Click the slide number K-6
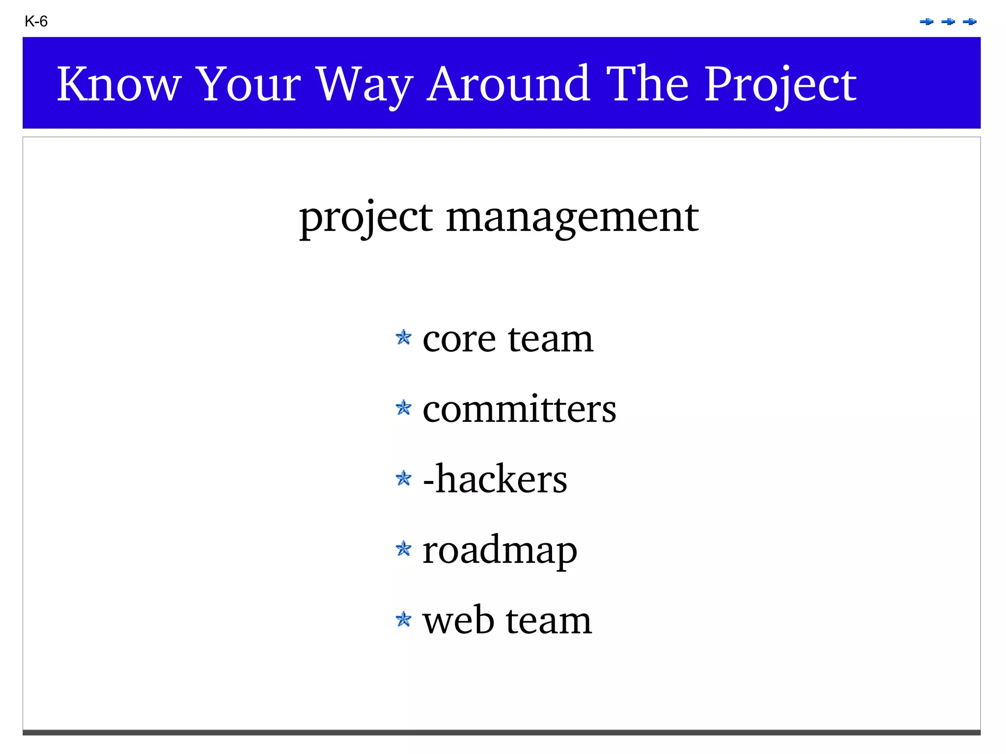point(36,22)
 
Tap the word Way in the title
point(364,85)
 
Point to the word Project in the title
point(781,85)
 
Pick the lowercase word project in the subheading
point(366,219)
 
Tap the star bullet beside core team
point(403,337)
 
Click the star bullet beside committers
point(403,408)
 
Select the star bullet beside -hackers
point(403,478)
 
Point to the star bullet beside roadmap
point(403,548)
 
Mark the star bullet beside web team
point(403,619)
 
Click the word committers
point(519,409)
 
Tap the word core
point(459,339)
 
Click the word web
point(458,620)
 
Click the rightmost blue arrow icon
point(969,22)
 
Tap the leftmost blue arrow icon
point(926,22)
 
